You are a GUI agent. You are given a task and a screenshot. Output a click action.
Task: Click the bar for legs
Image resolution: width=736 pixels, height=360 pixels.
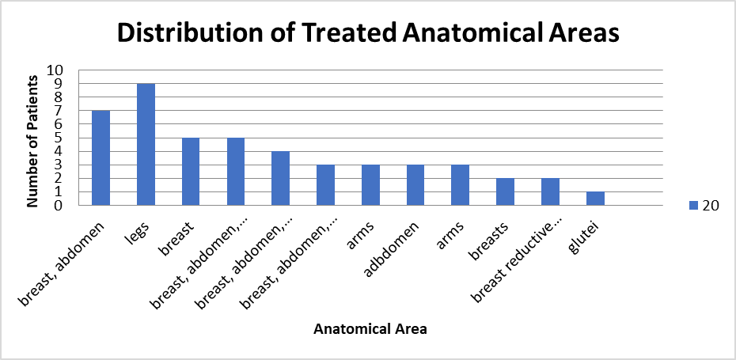click(x=146, y=145)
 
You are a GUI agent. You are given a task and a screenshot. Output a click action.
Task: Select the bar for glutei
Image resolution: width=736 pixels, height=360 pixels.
click(x=595, y=199)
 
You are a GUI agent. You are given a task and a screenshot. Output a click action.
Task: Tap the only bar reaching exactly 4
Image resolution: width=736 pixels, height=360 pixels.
click(x=281, y=178)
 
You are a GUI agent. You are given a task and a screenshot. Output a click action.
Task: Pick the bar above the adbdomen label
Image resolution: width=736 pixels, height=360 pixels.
click(x=415, y=185)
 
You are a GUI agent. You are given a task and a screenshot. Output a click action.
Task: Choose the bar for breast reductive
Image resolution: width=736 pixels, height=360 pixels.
click(x=550, y=192)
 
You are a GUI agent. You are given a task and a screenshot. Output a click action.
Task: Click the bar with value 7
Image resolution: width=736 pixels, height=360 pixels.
click(x=101, y=158)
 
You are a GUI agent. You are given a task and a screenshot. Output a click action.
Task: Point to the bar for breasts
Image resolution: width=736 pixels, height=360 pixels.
click(x=505, y=192)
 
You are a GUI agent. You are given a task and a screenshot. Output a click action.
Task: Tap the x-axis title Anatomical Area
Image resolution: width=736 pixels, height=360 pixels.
click(x=370, y=329)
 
